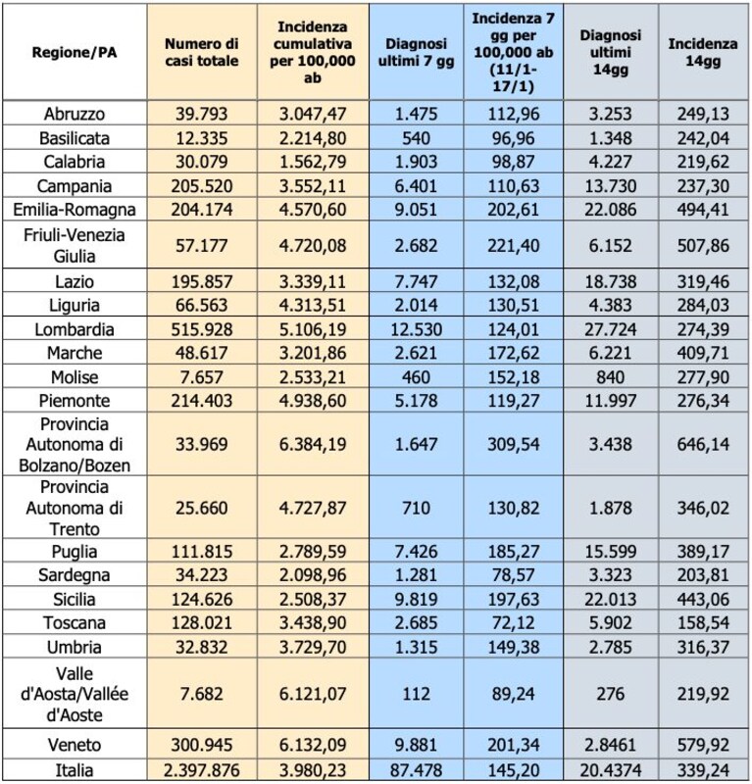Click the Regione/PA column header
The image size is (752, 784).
click(x=75, y=53)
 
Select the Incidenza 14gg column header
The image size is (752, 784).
click(x=703, y=53)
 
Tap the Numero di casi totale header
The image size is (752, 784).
click(x=202, y=53)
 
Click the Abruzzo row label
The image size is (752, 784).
click(x=75, y=114)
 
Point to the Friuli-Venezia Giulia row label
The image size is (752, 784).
click(x=75, y=246)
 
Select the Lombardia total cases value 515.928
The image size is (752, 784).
click(x=202, y=329)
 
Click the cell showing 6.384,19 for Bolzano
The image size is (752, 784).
click(x=313, y=444)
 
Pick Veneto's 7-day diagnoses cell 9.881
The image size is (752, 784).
click(x=417, y=745)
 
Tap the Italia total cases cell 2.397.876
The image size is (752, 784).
click(x=202, y=770)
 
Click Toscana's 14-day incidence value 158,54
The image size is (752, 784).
click(x=703, y=623)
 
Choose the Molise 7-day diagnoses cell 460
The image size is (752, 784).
click(x=417, y=377)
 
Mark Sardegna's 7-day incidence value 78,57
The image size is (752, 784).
click(x=514, y=575)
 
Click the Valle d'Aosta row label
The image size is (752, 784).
click(x=75, y=694)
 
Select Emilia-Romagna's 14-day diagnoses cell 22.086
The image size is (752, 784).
click(x=611, y=209)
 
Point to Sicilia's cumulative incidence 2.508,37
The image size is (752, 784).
click(x=313, y=599)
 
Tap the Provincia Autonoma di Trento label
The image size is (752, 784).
click(x=75, y=508)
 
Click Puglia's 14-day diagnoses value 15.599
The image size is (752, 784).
click(x=611, y=552)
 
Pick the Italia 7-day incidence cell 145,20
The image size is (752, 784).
click(x=514, y=770)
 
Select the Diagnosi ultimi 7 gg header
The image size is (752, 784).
click(x=417, y=53)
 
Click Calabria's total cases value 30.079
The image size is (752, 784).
click(x=202, y=162)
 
